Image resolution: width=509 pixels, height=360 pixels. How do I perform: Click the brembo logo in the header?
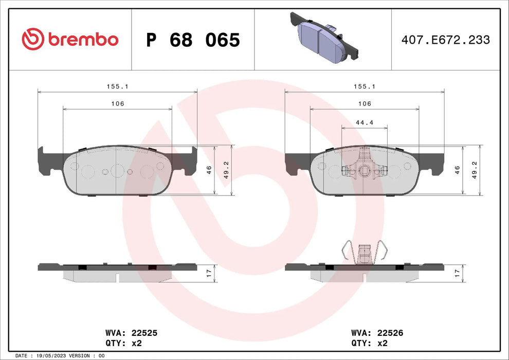point(70,39)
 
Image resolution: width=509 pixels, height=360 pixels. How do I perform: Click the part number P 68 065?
point(193,40)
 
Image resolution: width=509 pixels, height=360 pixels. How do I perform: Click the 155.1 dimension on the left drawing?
point(117,87)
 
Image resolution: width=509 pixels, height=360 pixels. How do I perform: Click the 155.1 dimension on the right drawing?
point(364,87)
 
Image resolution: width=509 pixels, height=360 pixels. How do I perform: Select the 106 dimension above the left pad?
point(117,103)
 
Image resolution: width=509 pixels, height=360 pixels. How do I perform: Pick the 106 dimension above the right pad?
point(364,103)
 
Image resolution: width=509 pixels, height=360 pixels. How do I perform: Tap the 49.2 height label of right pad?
point(475,170)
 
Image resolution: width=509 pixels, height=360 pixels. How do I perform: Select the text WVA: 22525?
point(131,333)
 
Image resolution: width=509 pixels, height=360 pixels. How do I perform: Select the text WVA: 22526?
point(377,333)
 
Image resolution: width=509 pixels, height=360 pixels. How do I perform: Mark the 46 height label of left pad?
point(209,170)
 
